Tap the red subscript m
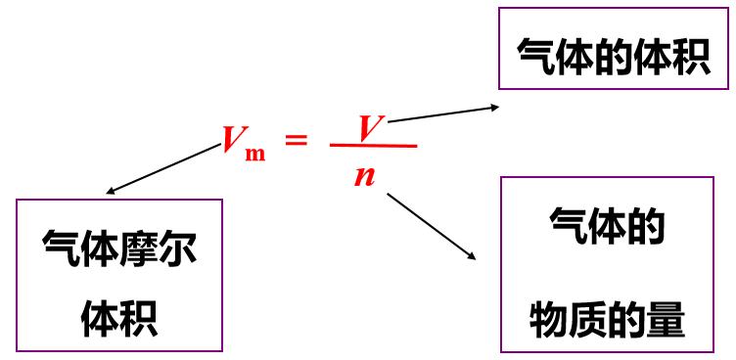(255, 154)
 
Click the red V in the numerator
(369, 127)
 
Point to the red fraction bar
(374, 147)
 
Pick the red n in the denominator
(365, 176)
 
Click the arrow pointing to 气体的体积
(445, 112)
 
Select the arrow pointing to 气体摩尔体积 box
(162, 169)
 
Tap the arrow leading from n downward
(431, 226)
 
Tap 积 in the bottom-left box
(139, 318)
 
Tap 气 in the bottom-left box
(62, 248)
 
